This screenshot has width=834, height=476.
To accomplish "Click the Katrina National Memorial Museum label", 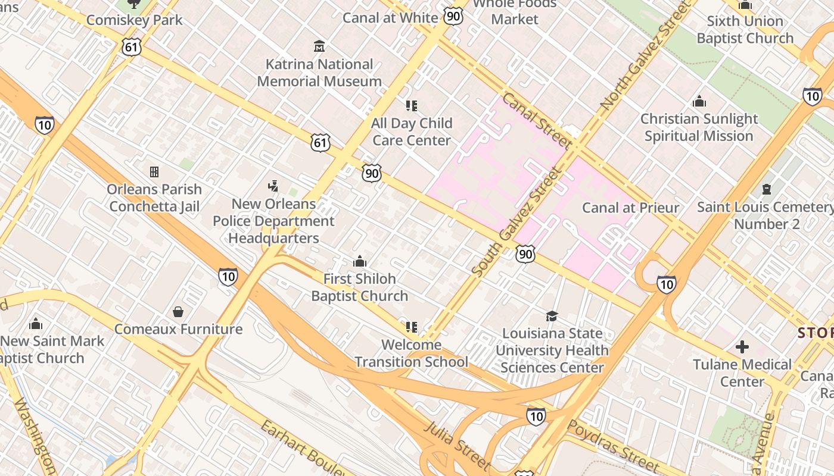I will [319, 73].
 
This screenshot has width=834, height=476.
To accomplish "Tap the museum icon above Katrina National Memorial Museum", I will [319, 46].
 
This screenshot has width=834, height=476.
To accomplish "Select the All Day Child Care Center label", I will [412, 131].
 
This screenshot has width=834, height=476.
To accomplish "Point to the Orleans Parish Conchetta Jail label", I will [154, 198].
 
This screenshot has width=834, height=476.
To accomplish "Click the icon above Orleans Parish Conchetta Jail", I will [154, 172].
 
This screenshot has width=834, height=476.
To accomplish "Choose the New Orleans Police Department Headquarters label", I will [274, 221].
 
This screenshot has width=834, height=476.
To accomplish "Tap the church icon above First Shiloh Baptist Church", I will [359, 261].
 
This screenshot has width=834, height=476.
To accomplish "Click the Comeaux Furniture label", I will [178, 329].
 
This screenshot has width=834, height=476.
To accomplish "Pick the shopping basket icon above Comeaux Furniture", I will [178, 312].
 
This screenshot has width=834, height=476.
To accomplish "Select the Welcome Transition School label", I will [412, 353].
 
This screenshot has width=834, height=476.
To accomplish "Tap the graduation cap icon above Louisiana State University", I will [552, 316].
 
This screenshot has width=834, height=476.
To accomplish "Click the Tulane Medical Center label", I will [742, 372].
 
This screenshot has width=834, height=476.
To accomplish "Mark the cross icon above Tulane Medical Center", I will [742, 346].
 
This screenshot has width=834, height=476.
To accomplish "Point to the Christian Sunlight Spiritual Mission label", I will [699, 127].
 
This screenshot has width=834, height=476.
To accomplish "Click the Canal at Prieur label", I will [630, 208].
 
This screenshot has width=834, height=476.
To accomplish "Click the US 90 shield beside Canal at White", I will [453, 16].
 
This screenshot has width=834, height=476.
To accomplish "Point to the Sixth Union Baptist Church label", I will [745, 30].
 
